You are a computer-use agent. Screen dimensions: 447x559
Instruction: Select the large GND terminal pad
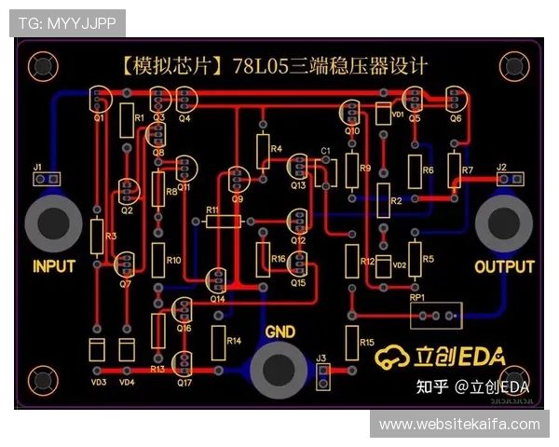point(279,369)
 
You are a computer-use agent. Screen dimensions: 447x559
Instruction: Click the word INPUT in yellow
point(54,266)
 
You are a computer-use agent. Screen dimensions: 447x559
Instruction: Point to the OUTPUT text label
point(504,266)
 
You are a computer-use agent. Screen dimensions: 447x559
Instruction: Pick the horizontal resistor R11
point(223,221)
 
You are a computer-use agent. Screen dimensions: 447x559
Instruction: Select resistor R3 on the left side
point(97,237)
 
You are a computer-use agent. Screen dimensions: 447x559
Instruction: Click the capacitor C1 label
point(325,150)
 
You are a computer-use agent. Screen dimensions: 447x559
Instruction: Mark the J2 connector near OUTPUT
point(509,179)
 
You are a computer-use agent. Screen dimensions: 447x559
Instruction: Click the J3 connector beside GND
point(322,373)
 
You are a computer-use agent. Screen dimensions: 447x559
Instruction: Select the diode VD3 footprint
point(97,351)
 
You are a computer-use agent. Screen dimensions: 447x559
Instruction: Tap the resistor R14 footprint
point(220,342)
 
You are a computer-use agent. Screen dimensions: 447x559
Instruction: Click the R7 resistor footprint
point(454,169)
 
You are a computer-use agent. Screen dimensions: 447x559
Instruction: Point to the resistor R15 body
point(352,343)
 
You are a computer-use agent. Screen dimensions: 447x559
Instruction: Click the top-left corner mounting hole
point(41,64)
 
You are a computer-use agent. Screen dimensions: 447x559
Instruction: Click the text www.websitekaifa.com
point(459,425)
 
